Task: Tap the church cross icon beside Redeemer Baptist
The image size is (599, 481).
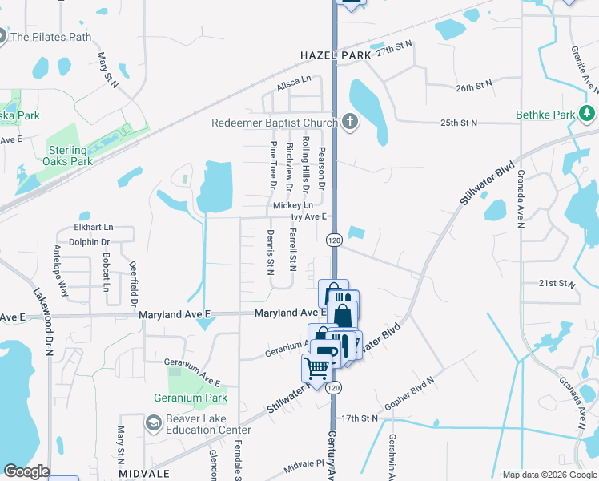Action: pos(348,123)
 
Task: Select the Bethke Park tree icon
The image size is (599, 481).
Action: pos(588,115)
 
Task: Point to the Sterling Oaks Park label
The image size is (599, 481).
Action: pos(59,156)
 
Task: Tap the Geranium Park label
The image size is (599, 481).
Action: pos(191,397)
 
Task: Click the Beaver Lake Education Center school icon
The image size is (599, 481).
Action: pos(152,422)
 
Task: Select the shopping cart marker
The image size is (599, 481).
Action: pos(316,369)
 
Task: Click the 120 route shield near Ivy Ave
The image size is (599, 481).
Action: pos(335,240)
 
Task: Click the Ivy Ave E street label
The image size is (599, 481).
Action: pos(309,216)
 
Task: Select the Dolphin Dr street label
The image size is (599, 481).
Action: pos(89,241)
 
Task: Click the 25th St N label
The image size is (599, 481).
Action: pos(458,123)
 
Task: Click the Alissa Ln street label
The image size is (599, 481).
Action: pos(294,80)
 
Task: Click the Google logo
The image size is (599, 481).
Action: pos(26,471)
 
